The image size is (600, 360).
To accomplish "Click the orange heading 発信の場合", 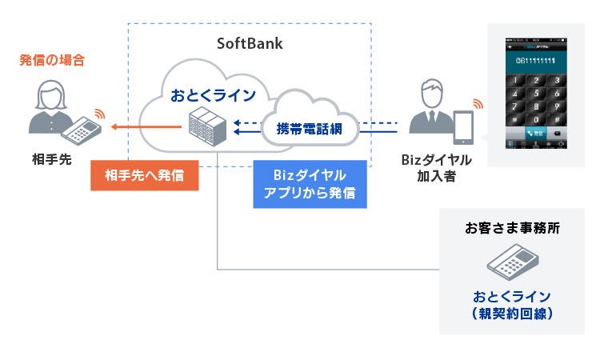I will [x=53, y=60].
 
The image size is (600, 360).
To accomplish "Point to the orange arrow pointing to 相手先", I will [x=144, y=126].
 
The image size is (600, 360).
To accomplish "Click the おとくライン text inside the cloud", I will [x=213, y=96].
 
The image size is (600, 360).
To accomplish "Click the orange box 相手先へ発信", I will [x=145, y=176].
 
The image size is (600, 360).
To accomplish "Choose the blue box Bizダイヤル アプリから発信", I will [x=310, y=184].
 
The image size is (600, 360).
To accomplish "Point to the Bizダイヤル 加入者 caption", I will [x=436, y=168].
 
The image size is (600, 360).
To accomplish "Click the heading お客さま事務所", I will [x=512, y=228].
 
